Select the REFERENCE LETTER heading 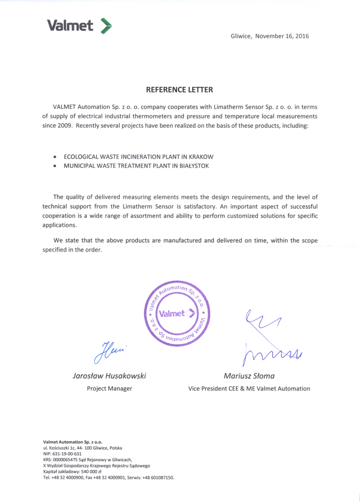click(x=180, y=89)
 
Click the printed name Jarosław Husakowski click(x=110, y=376)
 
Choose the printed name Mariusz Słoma click(x=249, y=376)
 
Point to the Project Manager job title click(x=110, y=388)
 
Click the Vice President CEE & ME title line click(x=249, y=388)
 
